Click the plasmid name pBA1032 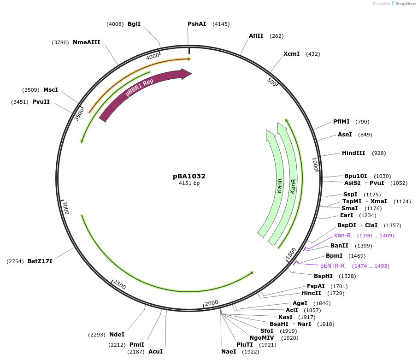[189, 176]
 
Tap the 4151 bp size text [189, 183]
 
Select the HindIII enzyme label [353, 153]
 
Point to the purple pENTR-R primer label [332, 266]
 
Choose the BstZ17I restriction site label [40, 261]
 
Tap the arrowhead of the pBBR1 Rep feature [187, 74]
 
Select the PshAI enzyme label [197, 24]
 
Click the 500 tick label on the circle [272, 83]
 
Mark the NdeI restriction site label [117, 335]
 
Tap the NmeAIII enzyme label [86, 42]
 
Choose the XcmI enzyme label [291, 54]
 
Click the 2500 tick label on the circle [119, 285]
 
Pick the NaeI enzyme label [229, 352]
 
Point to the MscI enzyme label [51, 90]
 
